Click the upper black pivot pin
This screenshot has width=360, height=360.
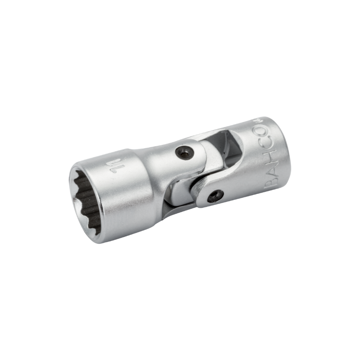click(184, 152)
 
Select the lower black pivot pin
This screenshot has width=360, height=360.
click(216, 196)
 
